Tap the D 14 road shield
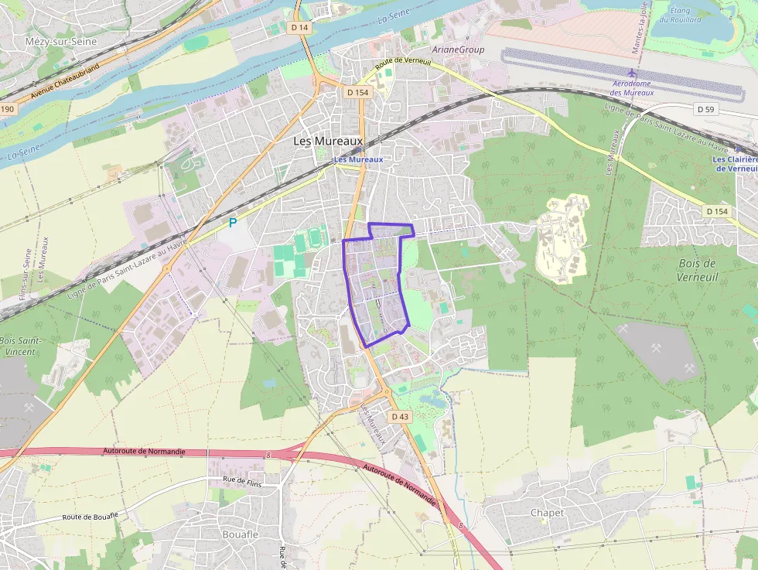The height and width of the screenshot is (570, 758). click(299, 27)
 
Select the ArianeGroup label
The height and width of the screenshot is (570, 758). click(458, 49)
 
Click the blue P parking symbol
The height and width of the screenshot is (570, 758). click(232, 223)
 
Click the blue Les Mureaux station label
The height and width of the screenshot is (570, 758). click(358, 159)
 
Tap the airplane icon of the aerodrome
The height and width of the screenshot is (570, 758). click(633, 72)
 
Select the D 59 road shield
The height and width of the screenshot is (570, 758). click(705, 109)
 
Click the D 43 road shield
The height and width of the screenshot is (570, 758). click(399, 416)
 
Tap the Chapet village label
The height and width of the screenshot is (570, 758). click(547, 513)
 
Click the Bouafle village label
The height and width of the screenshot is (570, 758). click(240, 534)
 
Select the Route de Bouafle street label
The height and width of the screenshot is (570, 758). click(90, 517)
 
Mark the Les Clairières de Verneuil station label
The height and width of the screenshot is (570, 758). click(734, 164)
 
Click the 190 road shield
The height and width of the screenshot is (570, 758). click(7, 109)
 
